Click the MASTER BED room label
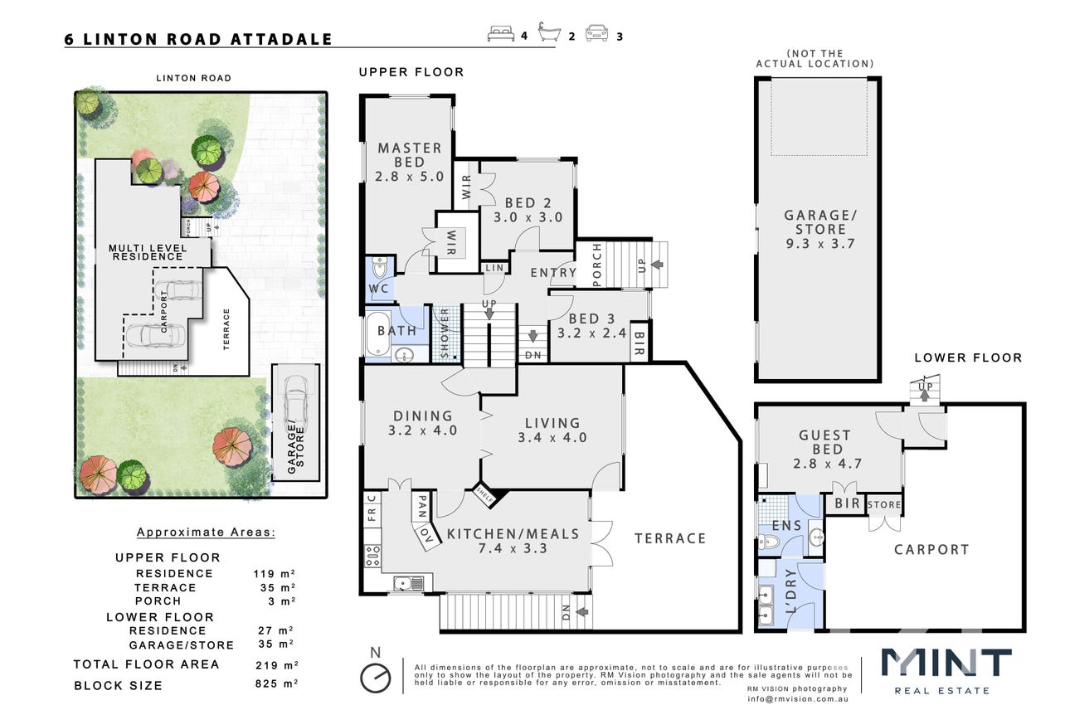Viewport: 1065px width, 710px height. [x=410, y=155]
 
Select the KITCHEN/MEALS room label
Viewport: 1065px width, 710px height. [x=513, y=534]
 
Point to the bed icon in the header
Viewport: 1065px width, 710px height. [x=501, y=34]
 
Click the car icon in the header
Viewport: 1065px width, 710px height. [x=596, y=33]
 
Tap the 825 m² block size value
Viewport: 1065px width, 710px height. [x=276, y=683]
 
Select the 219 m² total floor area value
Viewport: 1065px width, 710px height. [x=276, y=665]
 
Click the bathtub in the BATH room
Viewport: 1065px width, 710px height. [x=378, y=333]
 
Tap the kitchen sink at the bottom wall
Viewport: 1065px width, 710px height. [x=408, y=583]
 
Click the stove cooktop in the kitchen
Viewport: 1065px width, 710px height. [x=372, y=556]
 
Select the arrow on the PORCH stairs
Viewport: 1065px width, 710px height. [x=657, y=265]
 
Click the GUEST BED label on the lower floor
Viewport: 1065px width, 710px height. [x=827, y=442]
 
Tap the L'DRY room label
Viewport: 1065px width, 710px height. [x=790, y=591]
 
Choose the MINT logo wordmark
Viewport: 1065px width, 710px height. [x=946, y=663]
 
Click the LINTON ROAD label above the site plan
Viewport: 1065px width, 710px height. [x=193, y=78]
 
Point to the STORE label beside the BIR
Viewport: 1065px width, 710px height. [x=884, y=504]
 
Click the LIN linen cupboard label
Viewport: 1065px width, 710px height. [x=494, y=268]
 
